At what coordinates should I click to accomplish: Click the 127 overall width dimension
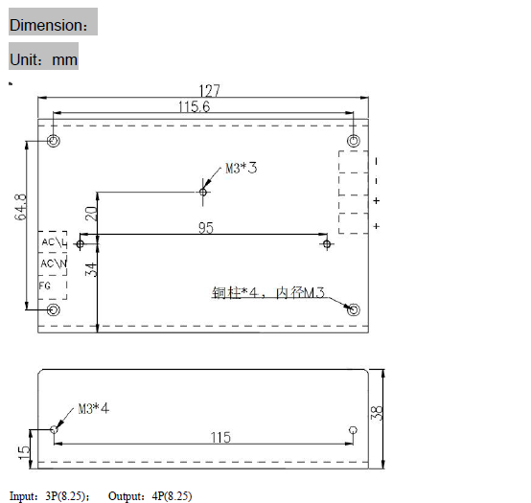click(x=209, y=91)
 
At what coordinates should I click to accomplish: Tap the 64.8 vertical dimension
click(x=21, y=206)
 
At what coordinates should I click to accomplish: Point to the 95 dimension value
click(x=206, y=228)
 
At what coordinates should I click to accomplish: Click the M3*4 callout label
click(x=93, y=407)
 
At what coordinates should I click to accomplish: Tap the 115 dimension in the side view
click(x=219, y=437)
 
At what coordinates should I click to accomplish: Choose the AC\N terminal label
click(x=53, y=263)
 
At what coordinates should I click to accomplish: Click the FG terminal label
click(x=45, y=285)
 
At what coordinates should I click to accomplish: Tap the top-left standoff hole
click(x=55, y=142)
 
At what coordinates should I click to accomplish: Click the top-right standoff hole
click(x=354, y=142)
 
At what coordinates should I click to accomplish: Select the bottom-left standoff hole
click(x=55, y=309)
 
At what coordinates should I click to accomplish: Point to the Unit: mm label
click(x=43, y=58)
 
